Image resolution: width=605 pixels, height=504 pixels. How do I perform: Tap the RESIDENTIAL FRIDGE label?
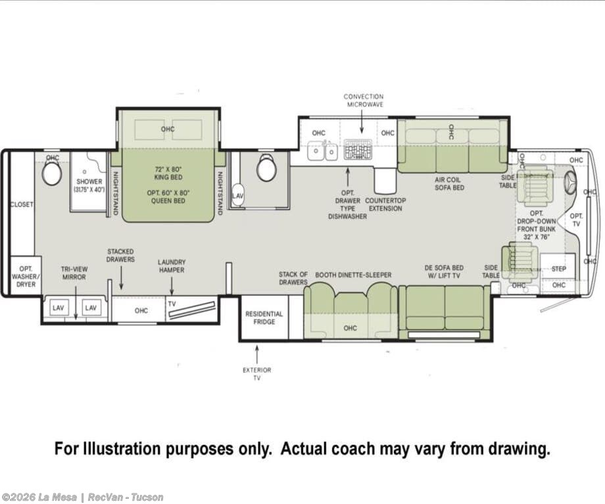point(264,318)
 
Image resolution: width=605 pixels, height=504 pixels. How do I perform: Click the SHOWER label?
point(89,181)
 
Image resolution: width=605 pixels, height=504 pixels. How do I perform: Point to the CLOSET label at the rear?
point(22,204)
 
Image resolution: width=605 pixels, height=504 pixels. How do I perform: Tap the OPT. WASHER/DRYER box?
point(26,276)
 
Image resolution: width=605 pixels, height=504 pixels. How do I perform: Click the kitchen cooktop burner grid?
point(358,150)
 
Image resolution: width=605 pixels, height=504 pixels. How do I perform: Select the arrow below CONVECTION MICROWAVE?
point(362,122)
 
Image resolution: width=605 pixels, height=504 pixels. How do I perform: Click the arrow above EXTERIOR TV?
point(257,355)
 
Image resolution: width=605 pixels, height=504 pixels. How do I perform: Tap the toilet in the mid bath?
point(266,168)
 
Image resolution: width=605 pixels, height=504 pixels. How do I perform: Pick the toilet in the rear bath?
point(52,173)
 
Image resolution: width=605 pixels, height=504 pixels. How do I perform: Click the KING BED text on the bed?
point(168,177)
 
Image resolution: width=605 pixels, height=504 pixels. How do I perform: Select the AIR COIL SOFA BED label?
point(450,183)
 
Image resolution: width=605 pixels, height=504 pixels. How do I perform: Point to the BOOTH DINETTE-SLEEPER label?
point(353,275)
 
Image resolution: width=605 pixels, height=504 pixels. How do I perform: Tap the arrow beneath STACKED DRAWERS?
point(121,278)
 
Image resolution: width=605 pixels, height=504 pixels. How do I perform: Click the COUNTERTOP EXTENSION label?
point(385,204)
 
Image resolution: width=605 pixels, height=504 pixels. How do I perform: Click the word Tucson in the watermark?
point(147,497)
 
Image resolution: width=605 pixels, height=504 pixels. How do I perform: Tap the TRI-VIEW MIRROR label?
point(74,273)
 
